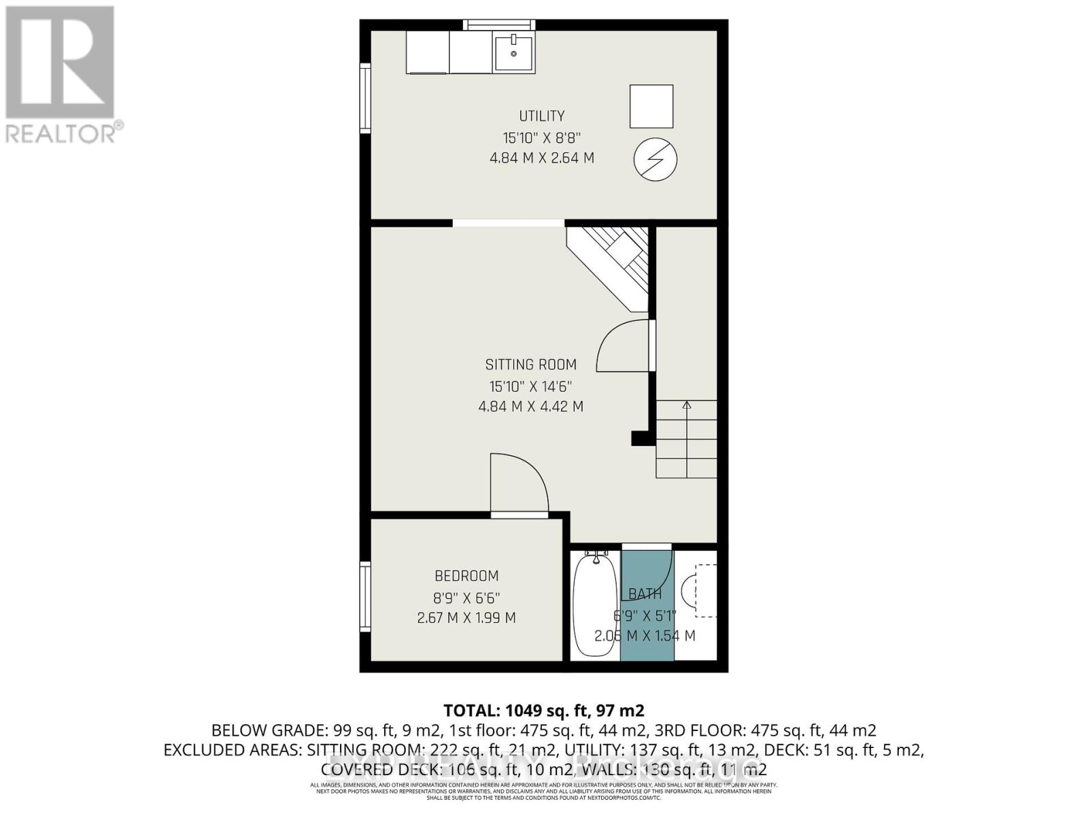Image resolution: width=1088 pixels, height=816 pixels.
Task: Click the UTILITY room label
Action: (541, 116)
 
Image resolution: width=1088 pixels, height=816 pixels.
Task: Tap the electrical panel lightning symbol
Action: (656, 160)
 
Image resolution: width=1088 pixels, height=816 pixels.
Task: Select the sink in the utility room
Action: (513, 53)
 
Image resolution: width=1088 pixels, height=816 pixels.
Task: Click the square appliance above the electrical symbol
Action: (651, 106)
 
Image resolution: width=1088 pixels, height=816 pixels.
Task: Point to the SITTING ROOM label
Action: (530, 364)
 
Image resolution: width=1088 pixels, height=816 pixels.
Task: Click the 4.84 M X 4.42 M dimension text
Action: (530, 407)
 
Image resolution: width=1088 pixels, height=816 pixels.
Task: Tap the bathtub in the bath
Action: (594, 605)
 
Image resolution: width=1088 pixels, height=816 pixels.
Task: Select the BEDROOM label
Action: (466, 576)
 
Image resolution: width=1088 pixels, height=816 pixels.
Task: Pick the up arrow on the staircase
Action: (686, 407)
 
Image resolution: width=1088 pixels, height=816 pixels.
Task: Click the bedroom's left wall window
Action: (366, 597)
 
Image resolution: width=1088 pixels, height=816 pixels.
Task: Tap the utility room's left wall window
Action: (366, 98)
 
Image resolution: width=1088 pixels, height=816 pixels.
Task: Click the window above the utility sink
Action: (499, 25)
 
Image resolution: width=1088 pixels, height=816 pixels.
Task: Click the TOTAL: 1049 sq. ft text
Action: (543, 711)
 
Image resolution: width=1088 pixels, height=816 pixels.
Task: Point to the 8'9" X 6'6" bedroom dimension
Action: (466, 598)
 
